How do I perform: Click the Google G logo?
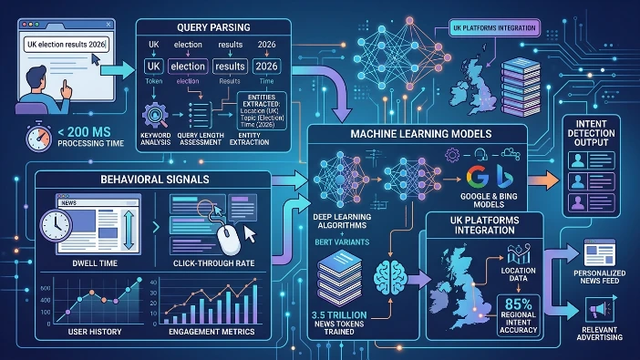pyautogui.click(x=473, y=178)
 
